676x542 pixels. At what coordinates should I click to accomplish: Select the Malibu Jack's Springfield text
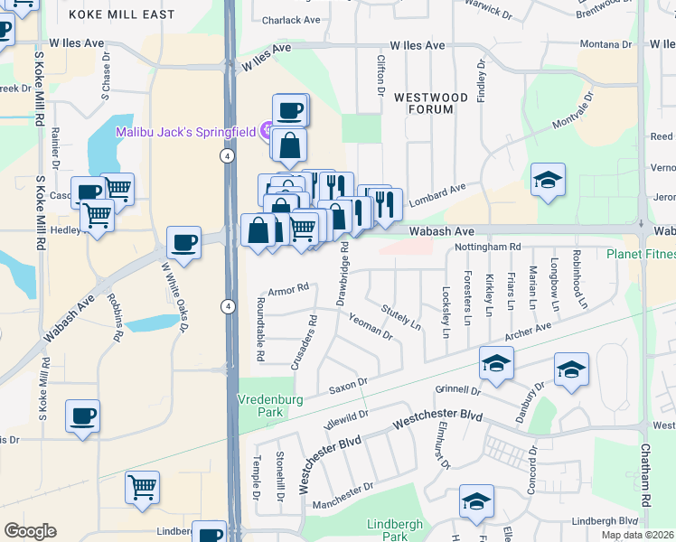(x=186, y=132)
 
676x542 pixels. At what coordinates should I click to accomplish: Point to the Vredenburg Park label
(x=267, y=404)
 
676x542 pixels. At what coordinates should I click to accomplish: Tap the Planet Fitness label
(x=640, y=254)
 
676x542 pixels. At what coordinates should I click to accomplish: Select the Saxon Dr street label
(x=348, y=385)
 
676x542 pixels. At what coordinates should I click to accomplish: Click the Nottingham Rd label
(x=488, y=247)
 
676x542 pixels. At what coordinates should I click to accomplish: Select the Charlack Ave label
(x=291, y=20)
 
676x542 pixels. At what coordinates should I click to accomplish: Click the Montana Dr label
(x=606, y=44)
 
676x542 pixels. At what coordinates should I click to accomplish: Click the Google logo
(x=30, y=531)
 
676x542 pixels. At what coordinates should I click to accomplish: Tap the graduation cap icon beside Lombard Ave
(x=548, y=180)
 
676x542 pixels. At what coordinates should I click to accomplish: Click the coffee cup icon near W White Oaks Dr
(x=183, y=243)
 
